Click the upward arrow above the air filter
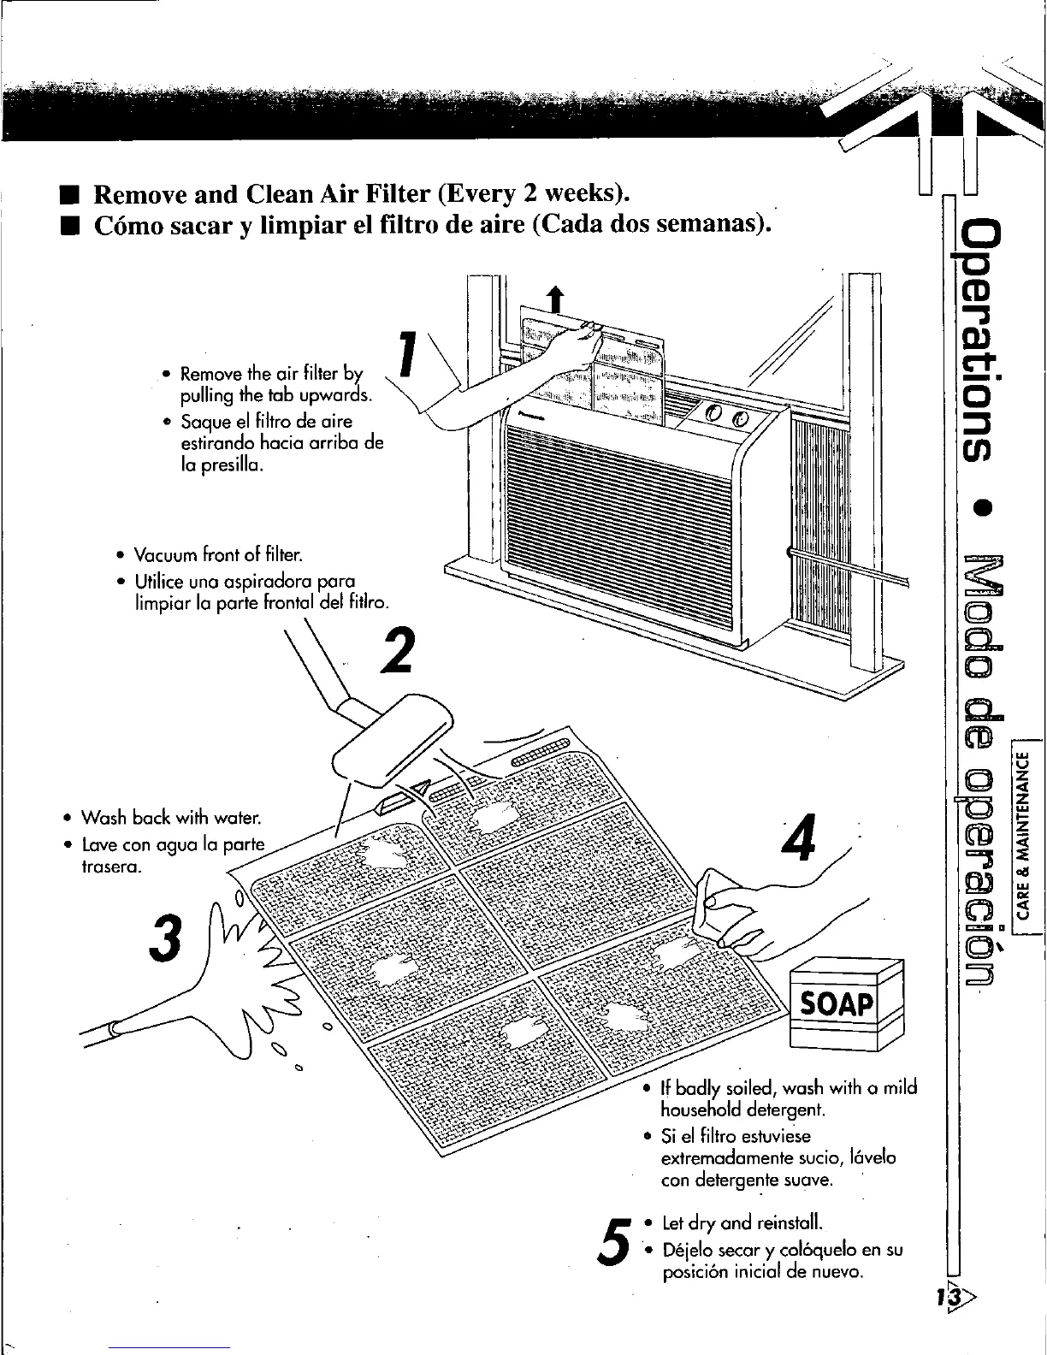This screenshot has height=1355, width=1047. tap(557, 301)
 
